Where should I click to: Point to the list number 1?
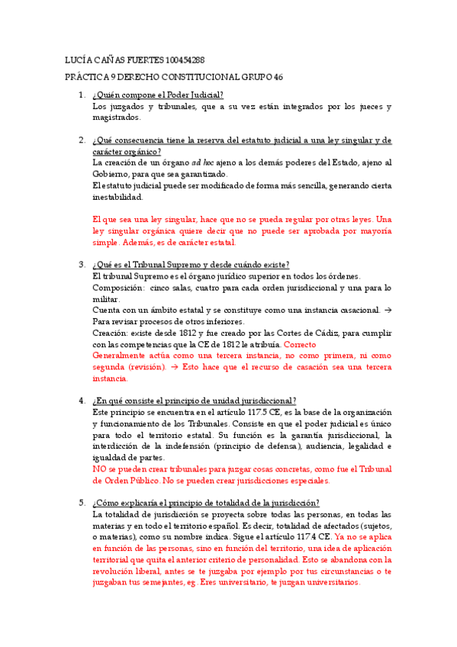pyautogui.click(x=81, y=95)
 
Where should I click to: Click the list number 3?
pyautogui.click(x=81, y=265)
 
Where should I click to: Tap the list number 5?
pyautogui.click(x=81, y=503)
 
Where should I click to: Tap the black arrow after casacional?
pyautogui.click(x=388, y=310)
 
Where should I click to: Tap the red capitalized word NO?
pyautogui.click(x=99, y=469)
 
